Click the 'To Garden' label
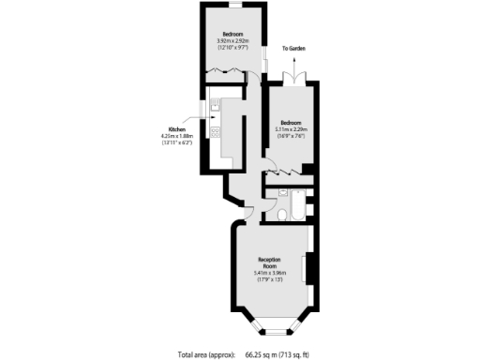click(x=293, y=48)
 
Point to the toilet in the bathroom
click(x=283, y=215)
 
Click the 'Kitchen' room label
click(x=176, y=129)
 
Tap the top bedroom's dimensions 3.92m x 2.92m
click(x=232, y=42)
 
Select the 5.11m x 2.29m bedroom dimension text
click(x=292, y=128)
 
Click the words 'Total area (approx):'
click(x=206, y=354)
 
